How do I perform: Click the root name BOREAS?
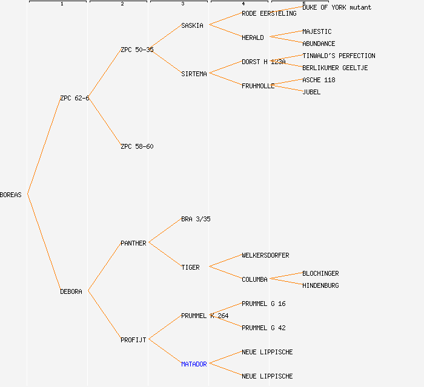(x=11, y=195)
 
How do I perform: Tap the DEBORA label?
(x=71, y=291)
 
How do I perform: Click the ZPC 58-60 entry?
(x=137, y=146)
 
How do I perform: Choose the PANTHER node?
(x=133, y=243)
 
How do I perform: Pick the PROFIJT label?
(x=133, y=340)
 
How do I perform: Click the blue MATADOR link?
(x=194, y=364)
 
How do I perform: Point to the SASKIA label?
(x=192, y=25)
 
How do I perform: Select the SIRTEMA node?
(x=194, y=74)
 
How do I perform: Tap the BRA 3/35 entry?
(x=196, y=219)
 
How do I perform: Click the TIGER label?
(x=190, y=267)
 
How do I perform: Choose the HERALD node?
(x=253, y=37)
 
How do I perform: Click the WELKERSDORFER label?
(x=265, y=255)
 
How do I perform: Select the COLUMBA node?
(x=254, y=279)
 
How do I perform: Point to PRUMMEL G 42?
(x=263, y=328)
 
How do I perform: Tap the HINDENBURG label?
(x=320, y=285)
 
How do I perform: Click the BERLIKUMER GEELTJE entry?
(x=335, y=68)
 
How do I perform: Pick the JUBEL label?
(x=311, y=92)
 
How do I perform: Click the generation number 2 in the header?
(x=122, y=4)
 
